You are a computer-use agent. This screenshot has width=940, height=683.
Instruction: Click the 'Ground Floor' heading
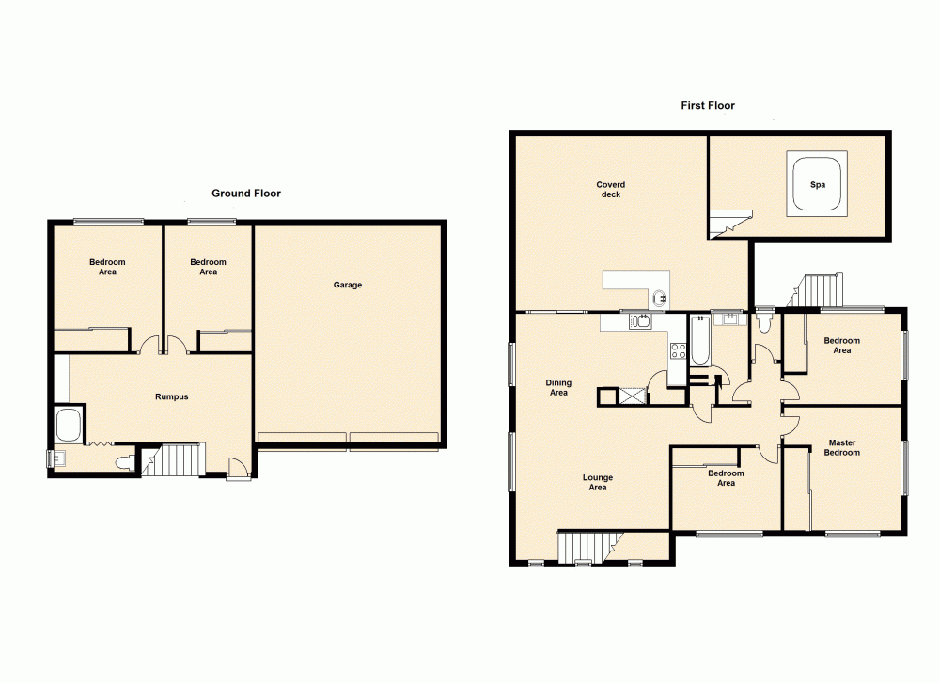(245, 194)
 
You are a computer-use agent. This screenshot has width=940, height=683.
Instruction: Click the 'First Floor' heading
(708, 106)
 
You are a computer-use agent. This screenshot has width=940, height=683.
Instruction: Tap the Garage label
(347, 285)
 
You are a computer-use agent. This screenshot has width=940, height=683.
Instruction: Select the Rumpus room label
(171, 396)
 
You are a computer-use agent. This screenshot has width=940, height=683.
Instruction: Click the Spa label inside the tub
(818, 185)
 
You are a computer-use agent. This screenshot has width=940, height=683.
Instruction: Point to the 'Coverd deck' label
(610, 189)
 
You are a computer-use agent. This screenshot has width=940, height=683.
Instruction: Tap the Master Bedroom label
(842, 447)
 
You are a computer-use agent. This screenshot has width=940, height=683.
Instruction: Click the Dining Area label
(558, 387)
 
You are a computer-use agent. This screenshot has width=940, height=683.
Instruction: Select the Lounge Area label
(597, 483)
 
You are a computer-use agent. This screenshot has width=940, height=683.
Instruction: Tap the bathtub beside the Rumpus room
(70, 425)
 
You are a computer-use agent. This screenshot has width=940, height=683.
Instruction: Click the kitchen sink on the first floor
(641, 322)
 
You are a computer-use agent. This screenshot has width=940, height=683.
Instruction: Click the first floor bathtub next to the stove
(701, 341)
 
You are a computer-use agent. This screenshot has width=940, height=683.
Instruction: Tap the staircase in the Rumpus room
(179, 460)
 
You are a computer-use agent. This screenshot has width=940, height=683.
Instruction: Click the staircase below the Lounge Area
(585, 547)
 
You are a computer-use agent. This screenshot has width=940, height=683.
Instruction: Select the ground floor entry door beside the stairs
(238, 468)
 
